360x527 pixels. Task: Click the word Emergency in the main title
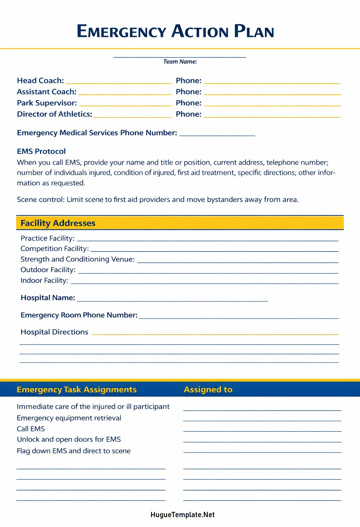pos(121,31)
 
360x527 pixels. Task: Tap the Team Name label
pos(180,62)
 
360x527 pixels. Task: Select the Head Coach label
pos(40,81)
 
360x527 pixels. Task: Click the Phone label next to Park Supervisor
pos(188,103)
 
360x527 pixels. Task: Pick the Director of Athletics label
pos(54,114)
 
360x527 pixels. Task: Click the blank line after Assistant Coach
pos(125,93)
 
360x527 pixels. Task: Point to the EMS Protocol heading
pos(41,152)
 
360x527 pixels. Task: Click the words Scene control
pos(40,200)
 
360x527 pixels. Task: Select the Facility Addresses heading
pos(58,223)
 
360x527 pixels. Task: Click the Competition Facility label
pos(54,249)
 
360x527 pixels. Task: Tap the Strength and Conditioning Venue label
pos(77,259)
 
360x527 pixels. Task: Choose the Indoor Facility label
pos(44,281)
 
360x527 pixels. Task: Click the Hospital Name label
pos(48,298)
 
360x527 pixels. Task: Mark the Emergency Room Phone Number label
pos(79,315)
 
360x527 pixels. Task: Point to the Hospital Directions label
pos(54,332)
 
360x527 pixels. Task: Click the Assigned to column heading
pos(208,390)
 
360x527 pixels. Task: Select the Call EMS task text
pos(31,429)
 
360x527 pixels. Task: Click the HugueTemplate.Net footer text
pos(182,515)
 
